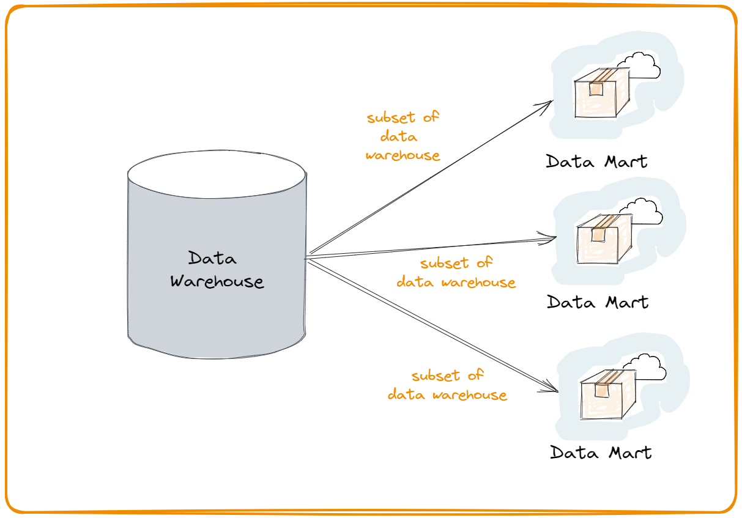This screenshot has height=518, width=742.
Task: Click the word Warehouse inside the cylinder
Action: (217, 281)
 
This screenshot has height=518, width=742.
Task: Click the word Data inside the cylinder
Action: (212, 258)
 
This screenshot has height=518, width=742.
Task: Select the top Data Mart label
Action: (596, 161)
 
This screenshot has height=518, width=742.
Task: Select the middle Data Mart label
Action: (598, 302)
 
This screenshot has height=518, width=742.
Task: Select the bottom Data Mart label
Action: (601, 452)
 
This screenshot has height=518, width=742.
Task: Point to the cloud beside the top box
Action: (639, 65)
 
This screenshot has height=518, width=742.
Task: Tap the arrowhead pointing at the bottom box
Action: (550, 387)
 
